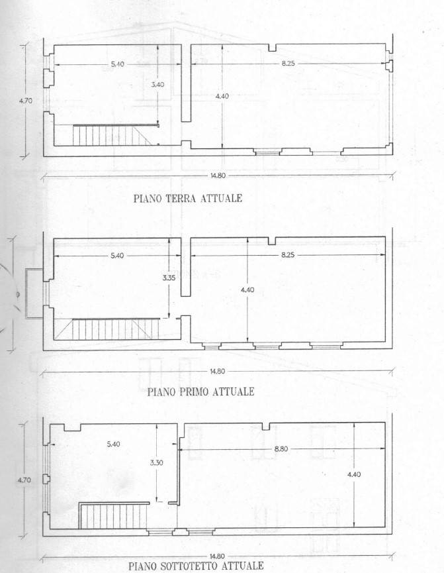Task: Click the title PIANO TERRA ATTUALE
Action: [x=188, y=199]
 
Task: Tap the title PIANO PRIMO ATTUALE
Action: [x=200, y=391]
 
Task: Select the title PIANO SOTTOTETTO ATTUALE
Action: [x=196, y=566]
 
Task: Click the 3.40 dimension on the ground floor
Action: [x=157, y=84]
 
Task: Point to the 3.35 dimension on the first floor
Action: [x=169, y=278]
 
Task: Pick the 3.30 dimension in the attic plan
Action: [x=156, y=462]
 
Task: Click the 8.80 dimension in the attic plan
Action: [x=281, y=448]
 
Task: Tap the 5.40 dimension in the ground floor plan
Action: [x=118, y=64]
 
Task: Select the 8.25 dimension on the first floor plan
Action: [x=288, y=255]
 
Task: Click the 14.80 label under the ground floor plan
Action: [x=217, y=176]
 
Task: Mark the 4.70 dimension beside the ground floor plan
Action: [x=26, y=101]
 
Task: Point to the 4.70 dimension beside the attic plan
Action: [x=24, y=480]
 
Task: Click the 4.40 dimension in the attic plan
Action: [x=354, y=474]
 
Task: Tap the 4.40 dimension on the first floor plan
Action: [x=247, y=289]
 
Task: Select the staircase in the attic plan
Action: [x=114, y=515]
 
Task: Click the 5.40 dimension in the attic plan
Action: [x=114, y=444]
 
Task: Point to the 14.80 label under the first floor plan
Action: [x=217, y=371]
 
